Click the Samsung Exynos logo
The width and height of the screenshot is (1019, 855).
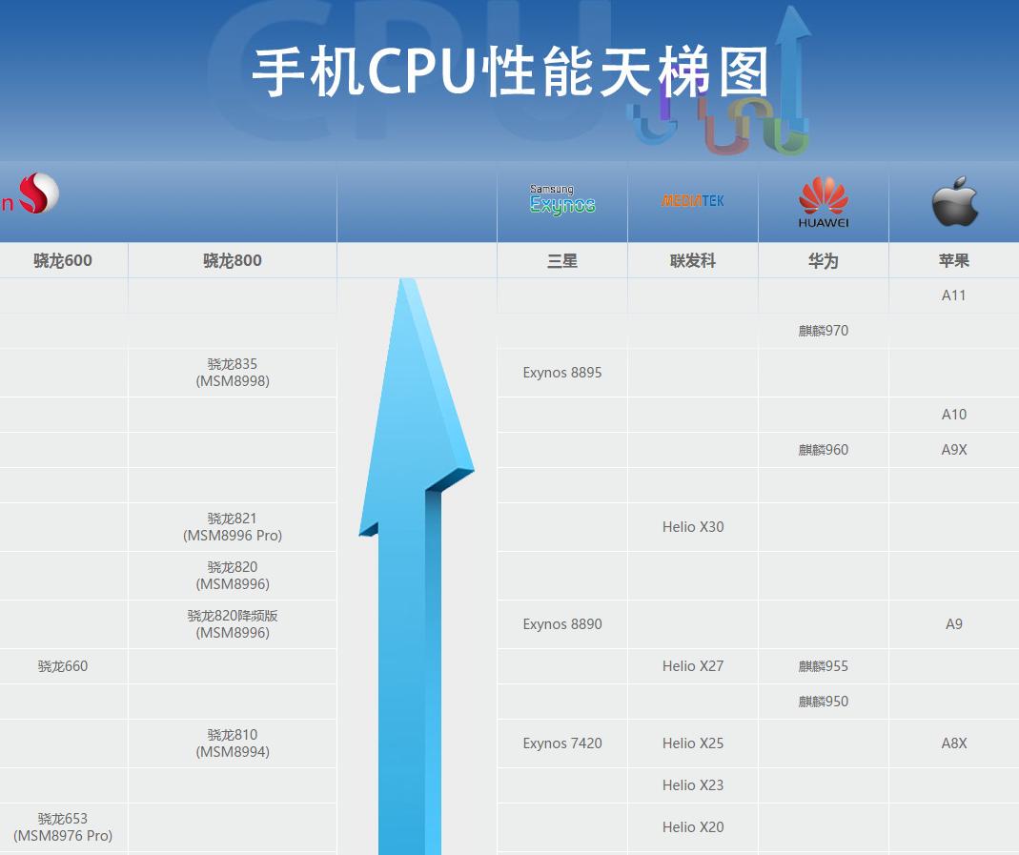click(562, 199)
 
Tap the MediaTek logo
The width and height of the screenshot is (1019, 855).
click(693, 201)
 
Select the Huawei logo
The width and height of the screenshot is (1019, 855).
click(824, 202)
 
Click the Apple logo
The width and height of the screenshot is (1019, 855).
click(955, 201)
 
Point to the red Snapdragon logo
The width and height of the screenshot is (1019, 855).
click(38, 193)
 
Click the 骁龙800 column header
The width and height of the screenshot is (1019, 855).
click(232, 260)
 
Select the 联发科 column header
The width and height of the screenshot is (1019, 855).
click(693, 261)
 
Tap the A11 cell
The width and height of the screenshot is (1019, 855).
click(953, 295)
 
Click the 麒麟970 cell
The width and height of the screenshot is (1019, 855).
click(824, 331)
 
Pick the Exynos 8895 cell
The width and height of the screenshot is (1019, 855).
click(562, 373)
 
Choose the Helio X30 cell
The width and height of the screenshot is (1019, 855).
click(693, 527)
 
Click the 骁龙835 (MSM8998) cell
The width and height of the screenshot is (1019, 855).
click(233, 373)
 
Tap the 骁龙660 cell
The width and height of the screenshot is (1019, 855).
click(62, 666)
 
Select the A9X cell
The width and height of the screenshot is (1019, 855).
click(954, 450)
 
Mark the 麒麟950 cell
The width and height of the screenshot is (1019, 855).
click(824, 701)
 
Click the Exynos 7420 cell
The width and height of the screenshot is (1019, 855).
click(562, 743)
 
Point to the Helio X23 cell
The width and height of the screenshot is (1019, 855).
click(693, 785)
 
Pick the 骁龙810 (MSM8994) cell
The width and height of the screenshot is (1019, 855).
click(233, 743)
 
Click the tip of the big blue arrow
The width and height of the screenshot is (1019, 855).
click(407, 278)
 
